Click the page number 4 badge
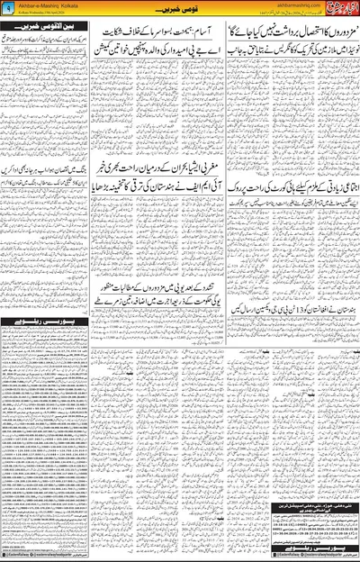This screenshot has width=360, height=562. pyautogui.click(x=8, y=8)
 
